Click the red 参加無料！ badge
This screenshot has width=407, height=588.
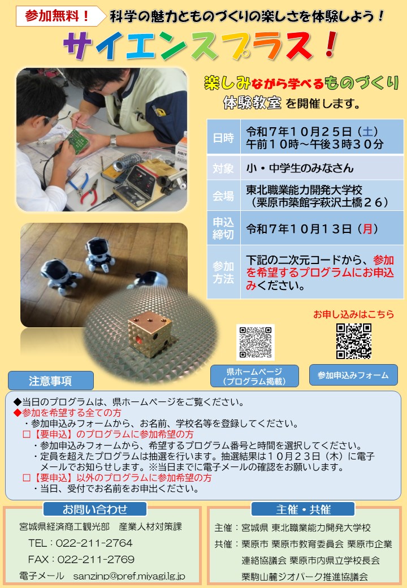(x=60, y=16)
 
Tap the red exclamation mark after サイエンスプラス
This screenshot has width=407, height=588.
(x=330, y=45)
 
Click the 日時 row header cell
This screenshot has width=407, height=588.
(x=223, y=137)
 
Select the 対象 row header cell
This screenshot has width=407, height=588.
(x=223, y=168)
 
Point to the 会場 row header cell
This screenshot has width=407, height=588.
(x=223, y=196)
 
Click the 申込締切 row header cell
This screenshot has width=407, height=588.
(x=223, y=228)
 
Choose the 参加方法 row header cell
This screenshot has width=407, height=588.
(x=223, y=273)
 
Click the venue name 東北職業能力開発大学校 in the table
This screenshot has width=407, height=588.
(x=304, y=190)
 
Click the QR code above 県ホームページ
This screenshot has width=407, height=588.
(x=256, y=342)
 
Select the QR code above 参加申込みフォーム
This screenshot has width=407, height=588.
(x=354, y=341)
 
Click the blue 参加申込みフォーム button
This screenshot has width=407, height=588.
(x=353, y=375)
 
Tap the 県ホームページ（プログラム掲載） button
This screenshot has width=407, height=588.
(x=254, y=376)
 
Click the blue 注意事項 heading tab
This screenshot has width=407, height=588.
(x=51, y=381)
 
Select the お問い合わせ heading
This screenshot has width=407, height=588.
(x=95, y=509)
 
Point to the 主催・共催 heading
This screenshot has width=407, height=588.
(x=303, y=509)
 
